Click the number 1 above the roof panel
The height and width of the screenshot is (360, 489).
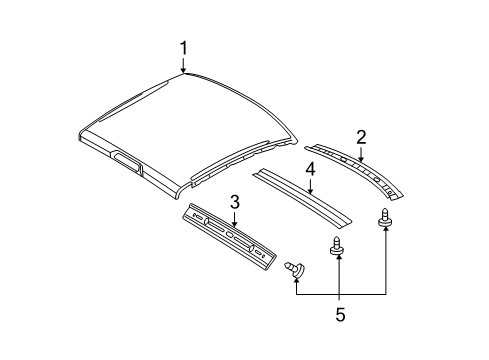pos(183,47)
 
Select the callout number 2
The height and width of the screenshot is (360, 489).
pos(362,137)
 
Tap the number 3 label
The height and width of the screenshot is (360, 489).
pos(233,202)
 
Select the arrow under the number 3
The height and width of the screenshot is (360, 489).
pos(233,217)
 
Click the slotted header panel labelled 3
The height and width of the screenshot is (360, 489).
pos(229,237)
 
